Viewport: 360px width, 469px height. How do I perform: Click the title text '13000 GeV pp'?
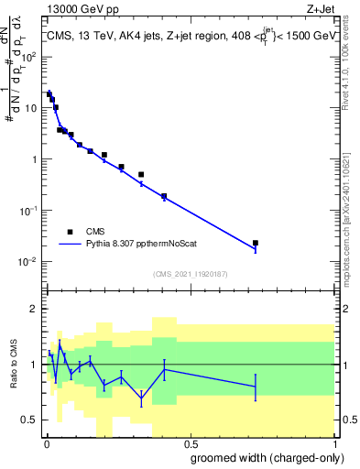tap(76, 8)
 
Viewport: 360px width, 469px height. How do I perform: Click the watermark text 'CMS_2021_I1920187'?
tap(190, 274)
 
